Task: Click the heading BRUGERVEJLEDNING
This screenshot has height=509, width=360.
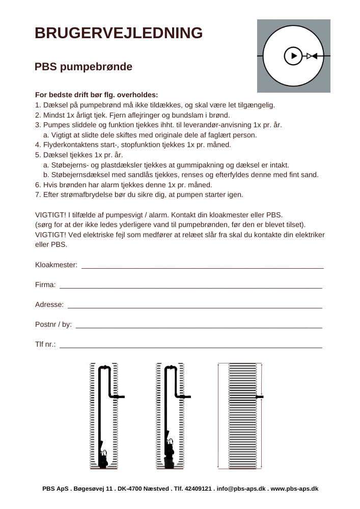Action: (x=119, y=33)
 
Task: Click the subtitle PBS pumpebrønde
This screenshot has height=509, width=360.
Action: (x=84, y=67)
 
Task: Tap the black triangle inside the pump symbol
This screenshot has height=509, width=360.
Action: (x=293, y=55)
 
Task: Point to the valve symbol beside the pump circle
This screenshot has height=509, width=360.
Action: (x=312, y=55)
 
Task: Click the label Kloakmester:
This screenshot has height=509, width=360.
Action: (x=56, y=265)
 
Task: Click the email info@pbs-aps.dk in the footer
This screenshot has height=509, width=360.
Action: (x=241, y=489)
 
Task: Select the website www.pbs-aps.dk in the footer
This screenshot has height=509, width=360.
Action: (x=294, y=489)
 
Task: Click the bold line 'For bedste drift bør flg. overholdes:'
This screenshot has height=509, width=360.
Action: (x=97, y=95)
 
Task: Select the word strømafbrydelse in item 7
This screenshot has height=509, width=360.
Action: (x=84, y=195)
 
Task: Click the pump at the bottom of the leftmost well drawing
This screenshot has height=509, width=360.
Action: (x=103, y=458)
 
